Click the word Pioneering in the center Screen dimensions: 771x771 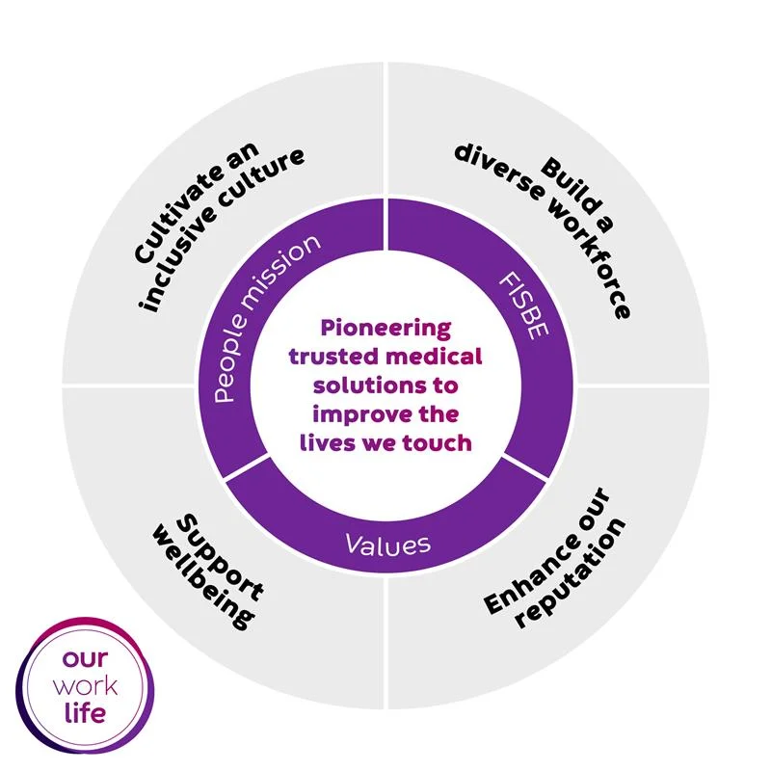385,329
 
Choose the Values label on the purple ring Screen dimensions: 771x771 387,545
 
